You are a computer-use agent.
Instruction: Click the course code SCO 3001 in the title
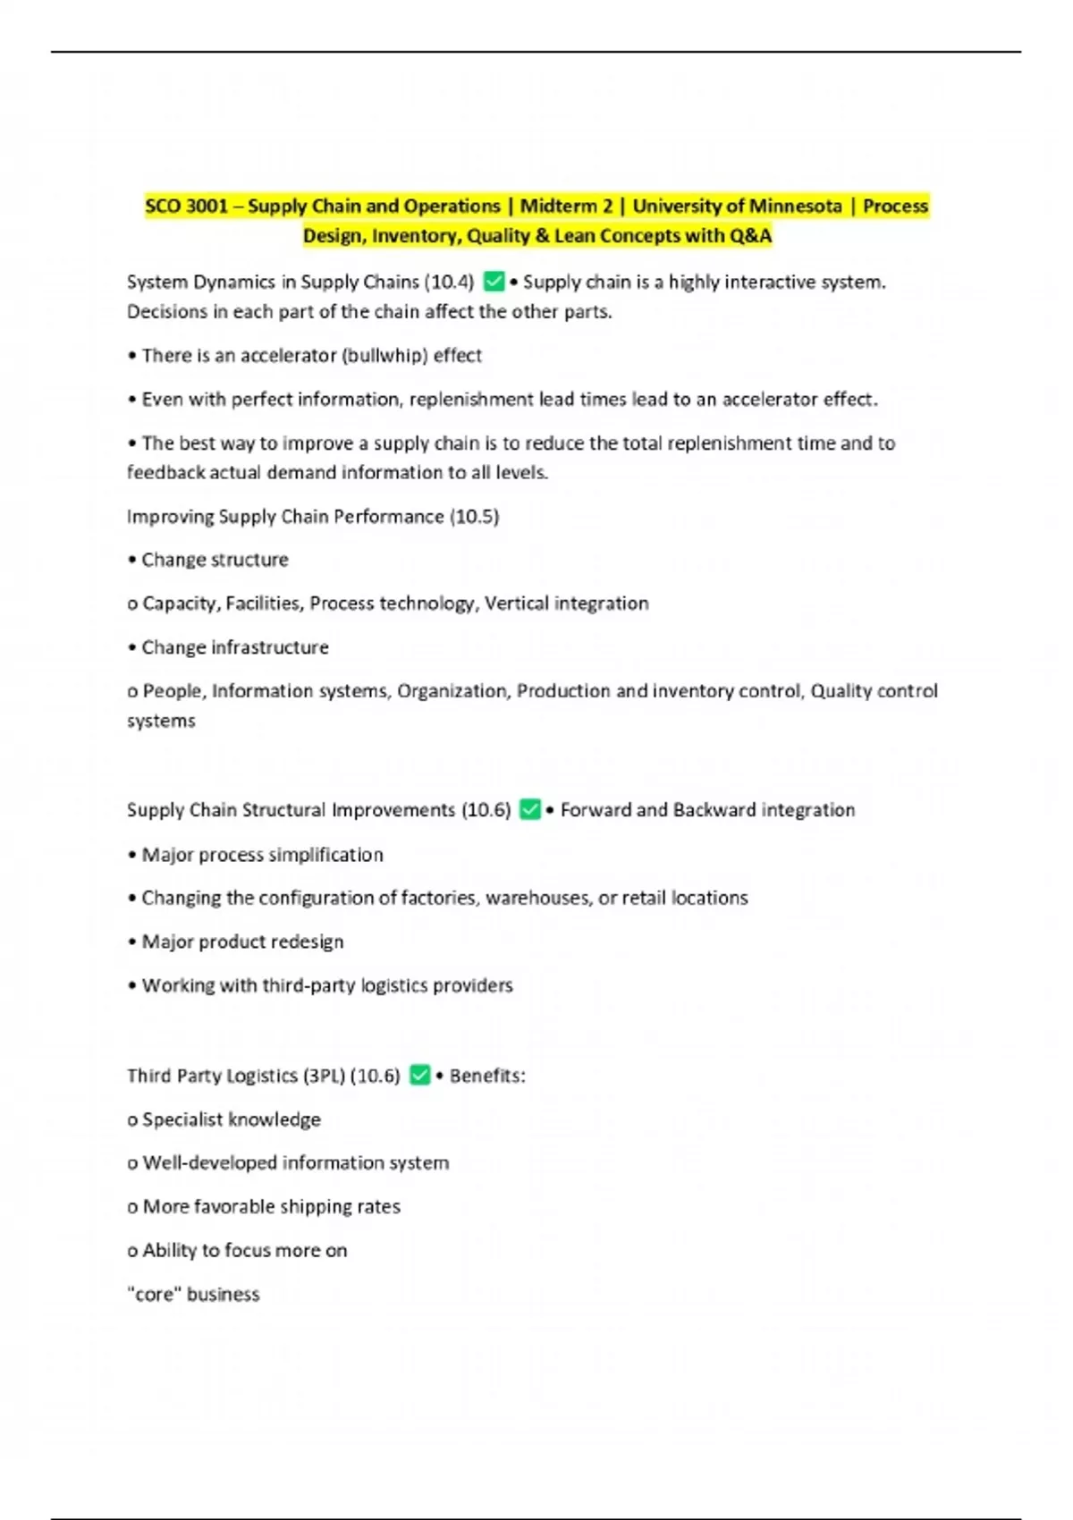click(x=186, y=207)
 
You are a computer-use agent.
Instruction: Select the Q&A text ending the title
click(x=750, y=236)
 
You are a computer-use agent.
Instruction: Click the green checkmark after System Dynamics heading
click(x=494, y=283)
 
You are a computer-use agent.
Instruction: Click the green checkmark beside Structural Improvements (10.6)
click(x=530, y=810)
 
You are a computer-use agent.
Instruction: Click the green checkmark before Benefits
click(x=419, y=1076)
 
